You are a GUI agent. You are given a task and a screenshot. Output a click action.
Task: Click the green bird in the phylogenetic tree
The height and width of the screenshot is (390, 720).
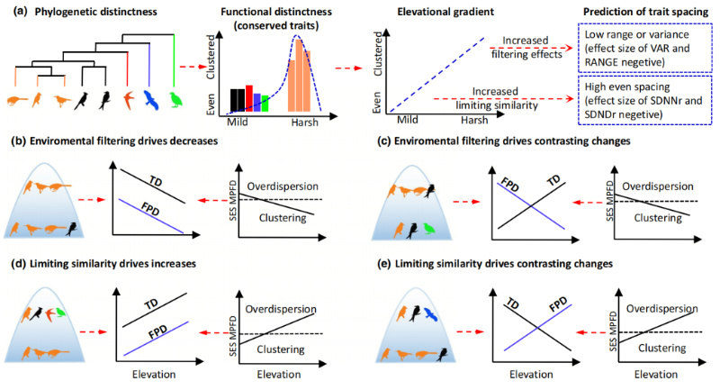coord(175,100)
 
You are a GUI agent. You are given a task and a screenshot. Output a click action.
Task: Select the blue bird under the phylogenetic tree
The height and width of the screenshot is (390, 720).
coord(150,100)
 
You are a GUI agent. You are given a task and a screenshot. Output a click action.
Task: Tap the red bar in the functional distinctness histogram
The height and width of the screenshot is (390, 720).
coord(249,98)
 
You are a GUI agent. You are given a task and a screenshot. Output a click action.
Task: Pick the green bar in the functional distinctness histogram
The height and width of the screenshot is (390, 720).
coord(265,104)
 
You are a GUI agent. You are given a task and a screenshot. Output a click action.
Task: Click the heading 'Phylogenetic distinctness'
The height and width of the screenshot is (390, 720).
coord(96,12)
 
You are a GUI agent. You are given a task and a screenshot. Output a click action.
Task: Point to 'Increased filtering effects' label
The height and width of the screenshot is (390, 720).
coord(526,48)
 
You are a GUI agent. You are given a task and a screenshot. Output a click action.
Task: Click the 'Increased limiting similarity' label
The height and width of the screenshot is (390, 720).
coord(496,98)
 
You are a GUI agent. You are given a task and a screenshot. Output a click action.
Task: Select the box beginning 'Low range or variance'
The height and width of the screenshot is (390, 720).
coord(645,49)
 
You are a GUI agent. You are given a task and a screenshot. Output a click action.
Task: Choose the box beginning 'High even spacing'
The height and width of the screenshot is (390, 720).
coord(645,100)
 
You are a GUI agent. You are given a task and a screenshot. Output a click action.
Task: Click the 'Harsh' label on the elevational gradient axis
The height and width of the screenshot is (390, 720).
coord(474,120)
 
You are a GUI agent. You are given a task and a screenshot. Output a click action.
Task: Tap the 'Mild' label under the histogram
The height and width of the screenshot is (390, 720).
coord(238,122)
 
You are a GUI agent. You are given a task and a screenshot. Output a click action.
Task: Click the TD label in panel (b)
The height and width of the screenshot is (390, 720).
coord(156,182)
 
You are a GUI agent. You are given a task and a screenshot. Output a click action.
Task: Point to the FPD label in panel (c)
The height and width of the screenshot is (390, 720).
coord(509,185)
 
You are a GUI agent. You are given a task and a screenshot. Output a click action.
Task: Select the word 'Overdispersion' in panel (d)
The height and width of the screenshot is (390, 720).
coord(281,309)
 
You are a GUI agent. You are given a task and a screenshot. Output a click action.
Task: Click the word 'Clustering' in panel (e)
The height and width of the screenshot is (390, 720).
coord(662,349)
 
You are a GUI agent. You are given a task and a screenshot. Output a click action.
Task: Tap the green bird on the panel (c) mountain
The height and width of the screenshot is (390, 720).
coord(429,228)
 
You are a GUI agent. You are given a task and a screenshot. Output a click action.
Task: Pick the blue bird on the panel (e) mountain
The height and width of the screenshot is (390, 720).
coord(431,314)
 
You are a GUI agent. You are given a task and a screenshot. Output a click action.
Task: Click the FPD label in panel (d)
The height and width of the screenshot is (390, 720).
coord(158,331)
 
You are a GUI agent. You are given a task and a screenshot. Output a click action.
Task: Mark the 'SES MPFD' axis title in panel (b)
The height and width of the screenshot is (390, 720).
coord(233,200)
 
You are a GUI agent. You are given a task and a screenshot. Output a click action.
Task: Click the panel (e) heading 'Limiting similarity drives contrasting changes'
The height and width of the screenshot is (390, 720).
coord(504,264)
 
